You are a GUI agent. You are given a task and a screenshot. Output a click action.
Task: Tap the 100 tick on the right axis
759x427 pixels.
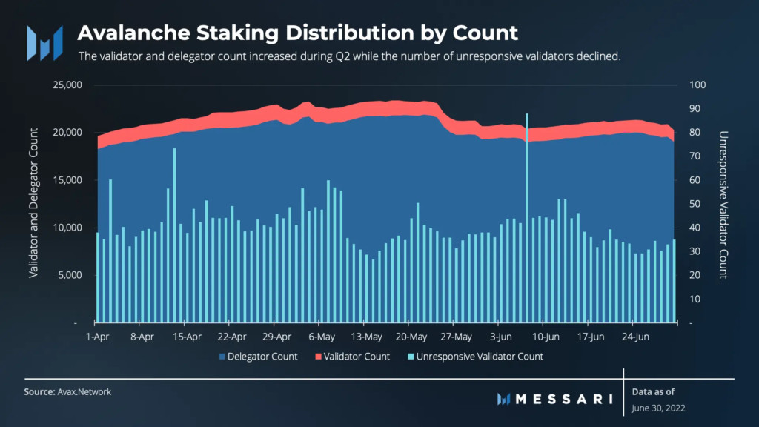697,85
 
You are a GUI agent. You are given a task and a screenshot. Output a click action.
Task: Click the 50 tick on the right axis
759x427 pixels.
695,204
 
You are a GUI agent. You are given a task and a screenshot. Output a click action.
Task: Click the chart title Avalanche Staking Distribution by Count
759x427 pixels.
297,33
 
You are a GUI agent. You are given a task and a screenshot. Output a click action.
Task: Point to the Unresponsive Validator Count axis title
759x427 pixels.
722,205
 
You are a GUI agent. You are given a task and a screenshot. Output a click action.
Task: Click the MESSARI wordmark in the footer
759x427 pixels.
563,399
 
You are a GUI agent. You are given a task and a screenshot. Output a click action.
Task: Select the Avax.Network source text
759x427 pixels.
84,391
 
